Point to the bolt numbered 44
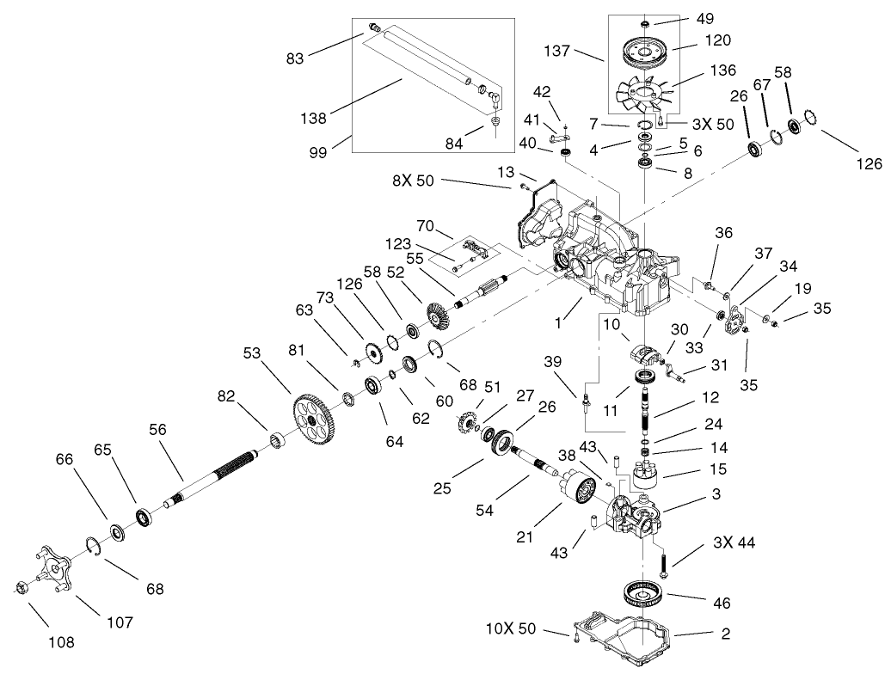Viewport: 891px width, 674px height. (x=666, y=565)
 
